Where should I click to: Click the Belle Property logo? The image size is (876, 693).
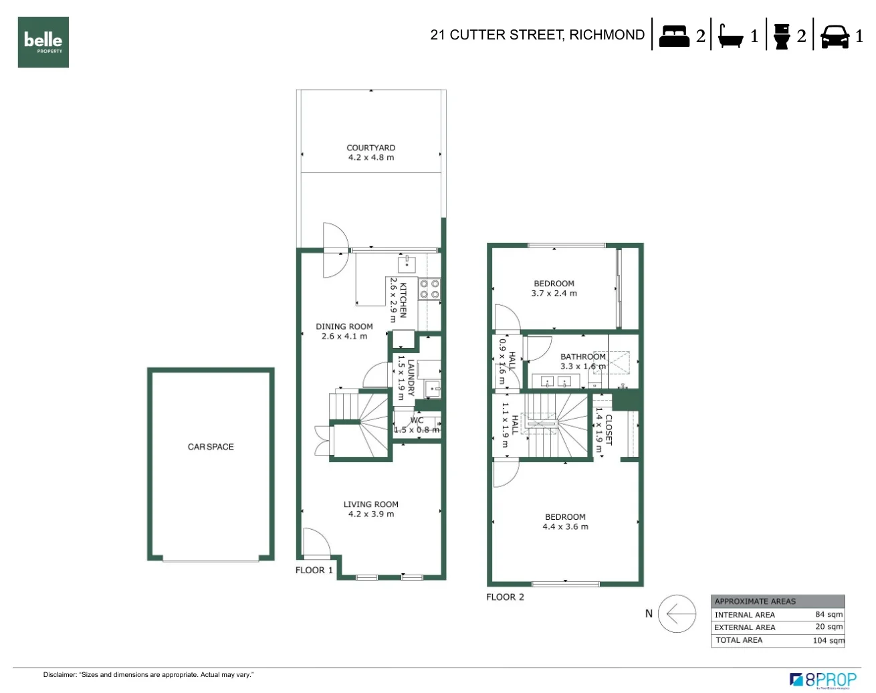pos(43,42)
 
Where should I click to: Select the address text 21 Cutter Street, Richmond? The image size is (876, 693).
pos(537,35)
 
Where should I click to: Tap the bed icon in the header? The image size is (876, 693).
pos(673,35)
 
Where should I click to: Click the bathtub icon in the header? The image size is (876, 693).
pos(730,35)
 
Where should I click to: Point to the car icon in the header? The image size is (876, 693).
pos(835,36)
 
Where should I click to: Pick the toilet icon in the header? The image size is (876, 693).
pos(781,36)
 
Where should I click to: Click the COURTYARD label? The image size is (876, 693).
pos(370,148)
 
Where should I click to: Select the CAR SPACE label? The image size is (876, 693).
pos(211,447)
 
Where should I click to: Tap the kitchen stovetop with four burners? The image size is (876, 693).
pos(429,289)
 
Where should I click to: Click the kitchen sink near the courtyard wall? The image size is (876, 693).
pos(407,262)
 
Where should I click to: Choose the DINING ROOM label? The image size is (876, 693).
pos(344,326)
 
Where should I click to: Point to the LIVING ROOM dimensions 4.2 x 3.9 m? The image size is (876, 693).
pos(371,514)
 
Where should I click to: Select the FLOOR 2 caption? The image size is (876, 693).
pos(505,597)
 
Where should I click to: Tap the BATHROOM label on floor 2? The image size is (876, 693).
pos(582,357)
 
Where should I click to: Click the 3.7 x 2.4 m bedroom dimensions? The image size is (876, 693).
pos(554,293)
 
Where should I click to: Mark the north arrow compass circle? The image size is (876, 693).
pos(677,613)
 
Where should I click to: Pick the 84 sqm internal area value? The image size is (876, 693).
pos(829,614)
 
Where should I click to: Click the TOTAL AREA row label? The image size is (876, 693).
pos(739,640)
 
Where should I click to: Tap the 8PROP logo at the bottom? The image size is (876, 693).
pos(823,680)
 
